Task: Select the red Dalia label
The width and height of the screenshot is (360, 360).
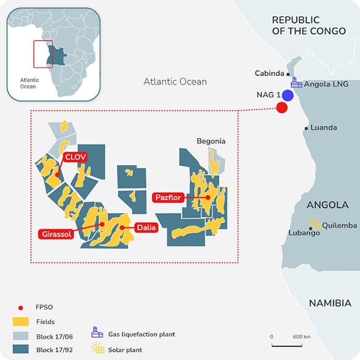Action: click(x=146, y=228)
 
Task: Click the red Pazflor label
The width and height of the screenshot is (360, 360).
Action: click(x=168, y=197)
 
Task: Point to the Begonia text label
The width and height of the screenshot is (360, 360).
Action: click(x=211, y=141)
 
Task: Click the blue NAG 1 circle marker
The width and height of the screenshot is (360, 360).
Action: click(x=287, y=96)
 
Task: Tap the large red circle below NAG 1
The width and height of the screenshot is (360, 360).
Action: click(x=282, y=108)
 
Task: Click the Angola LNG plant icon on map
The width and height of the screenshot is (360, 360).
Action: click(x=296, y=82)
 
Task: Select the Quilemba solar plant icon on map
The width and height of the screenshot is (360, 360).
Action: click(x=314, y=224)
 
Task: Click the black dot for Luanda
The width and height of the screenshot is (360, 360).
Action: click(x=306, y=129)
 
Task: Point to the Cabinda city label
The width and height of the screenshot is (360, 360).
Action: click(x=269, y=73)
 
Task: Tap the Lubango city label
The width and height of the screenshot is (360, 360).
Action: click(x=303, y=233)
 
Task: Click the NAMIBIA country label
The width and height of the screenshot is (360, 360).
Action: click(x=329, y=303)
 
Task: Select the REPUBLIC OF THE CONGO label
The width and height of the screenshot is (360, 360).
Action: click(x=309, y=26)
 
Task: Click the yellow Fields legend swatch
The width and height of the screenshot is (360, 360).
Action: click(x=22, y=321)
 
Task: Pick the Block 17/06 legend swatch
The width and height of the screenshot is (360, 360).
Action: click(x=22, y=336)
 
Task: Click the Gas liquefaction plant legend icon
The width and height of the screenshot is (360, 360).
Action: click(x=96, y=334)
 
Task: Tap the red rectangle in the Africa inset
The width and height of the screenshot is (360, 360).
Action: click(x=43, y=54)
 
